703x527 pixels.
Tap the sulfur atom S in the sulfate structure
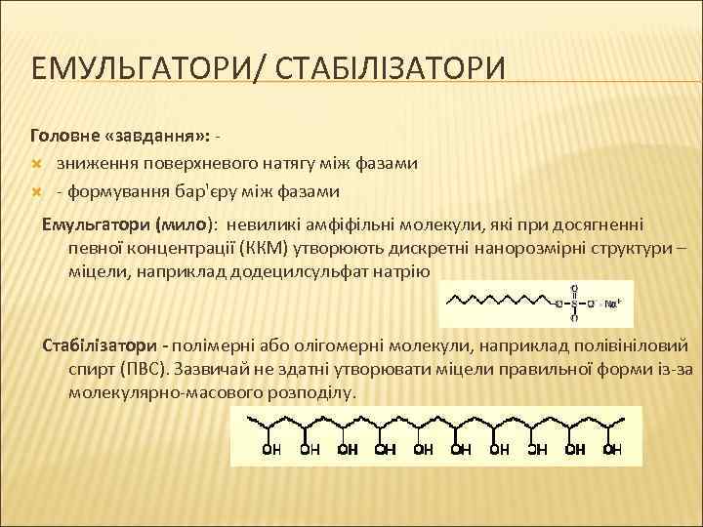coord(574,304)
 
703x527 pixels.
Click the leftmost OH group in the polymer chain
coord(271,450)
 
